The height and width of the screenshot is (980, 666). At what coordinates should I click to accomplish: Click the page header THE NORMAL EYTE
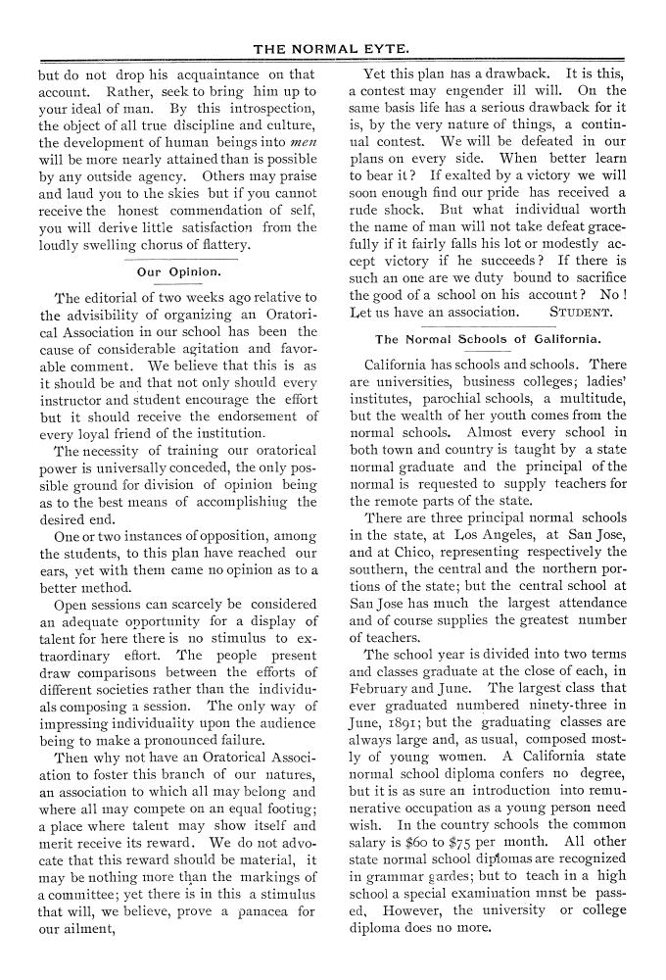(332, 47)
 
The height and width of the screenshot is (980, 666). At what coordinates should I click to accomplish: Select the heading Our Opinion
(178, 270)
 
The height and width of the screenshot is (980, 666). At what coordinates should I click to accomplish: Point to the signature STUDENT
(581, 313)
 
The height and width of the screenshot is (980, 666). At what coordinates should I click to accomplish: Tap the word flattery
(220, 244)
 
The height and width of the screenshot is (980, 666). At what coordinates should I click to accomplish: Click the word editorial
(119, 297)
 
